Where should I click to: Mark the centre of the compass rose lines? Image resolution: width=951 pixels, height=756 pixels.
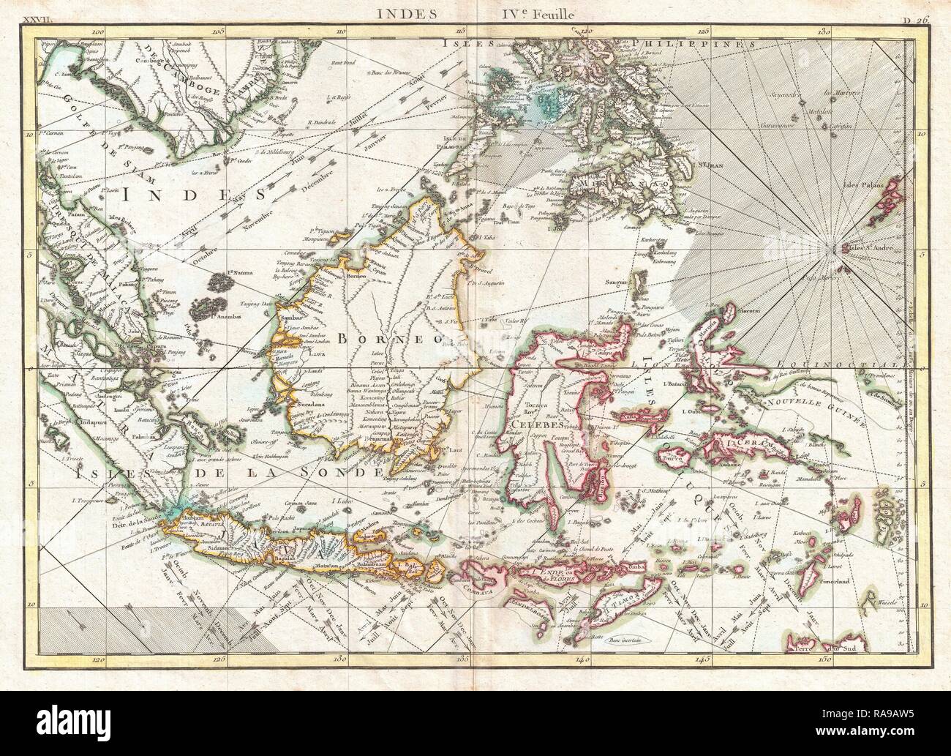(x=836, y=251)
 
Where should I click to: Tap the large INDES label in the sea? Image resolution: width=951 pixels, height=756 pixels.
(x=170, y=195)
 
